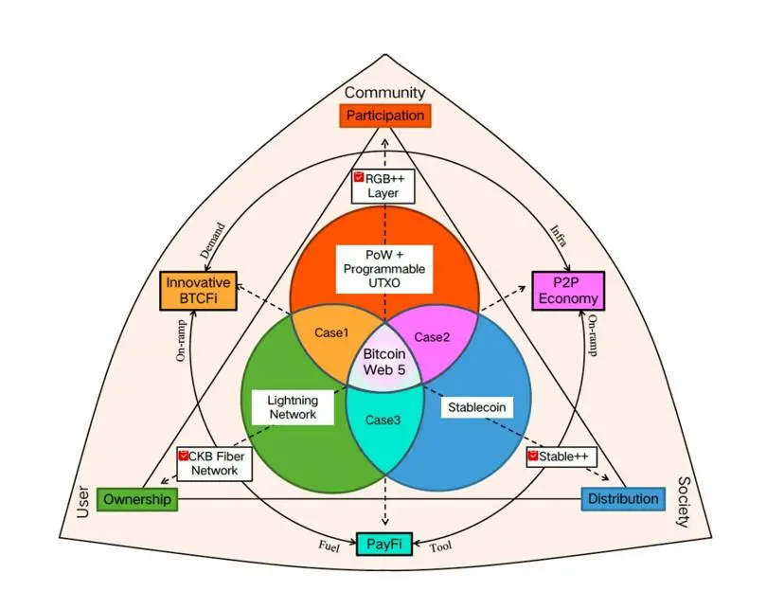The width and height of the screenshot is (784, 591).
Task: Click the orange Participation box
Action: click(x=384, y=116)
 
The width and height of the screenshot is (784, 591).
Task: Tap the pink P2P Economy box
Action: click(x=565, y=290)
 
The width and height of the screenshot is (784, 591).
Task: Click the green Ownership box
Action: click(x=137, y=499)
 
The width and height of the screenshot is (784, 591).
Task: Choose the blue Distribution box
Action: click(x=622, y=499)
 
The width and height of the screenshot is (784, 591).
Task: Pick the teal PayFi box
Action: click(x=384, y=544)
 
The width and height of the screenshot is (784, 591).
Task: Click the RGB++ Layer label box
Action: click(x=384, y=185)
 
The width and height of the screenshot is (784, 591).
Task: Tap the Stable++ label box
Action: click(x=562, y=457)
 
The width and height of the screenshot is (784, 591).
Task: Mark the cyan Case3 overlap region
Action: click(x=383, y=420)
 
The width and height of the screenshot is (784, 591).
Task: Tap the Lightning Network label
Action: click(x=293, y=408)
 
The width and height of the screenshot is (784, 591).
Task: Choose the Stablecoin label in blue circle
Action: click(x=479, y=407)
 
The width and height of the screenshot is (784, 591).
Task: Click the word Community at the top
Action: click(x=384, y=93)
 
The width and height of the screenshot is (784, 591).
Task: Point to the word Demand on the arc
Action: click(x=213, y=242)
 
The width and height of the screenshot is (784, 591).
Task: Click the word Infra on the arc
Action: click(x=558, y=235)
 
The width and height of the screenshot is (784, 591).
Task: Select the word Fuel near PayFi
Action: click(x=329, y=546)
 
